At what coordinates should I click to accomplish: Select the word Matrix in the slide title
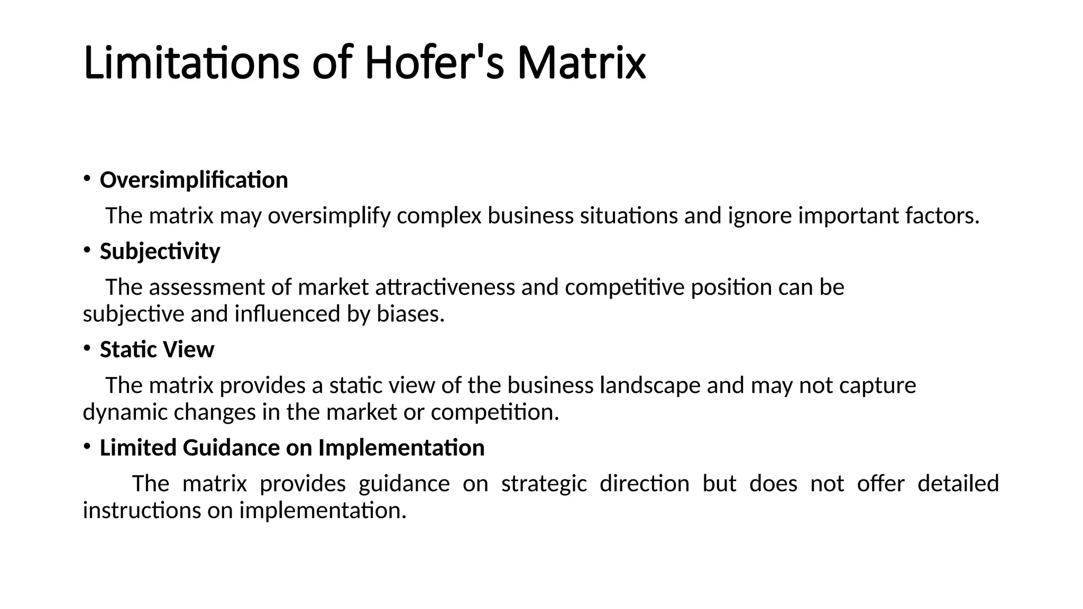[581, 63]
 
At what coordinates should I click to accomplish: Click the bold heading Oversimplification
[194, 180]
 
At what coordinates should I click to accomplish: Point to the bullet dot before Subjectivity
[86, 250]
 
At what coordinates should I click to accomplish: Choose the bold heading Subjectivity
[160, 252]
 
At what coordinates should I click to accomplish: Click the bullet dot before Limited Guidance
[86, 447]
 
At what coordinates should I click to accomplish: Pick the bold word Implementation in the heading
[401, 448]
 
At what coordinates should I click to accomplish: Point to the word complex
[439, 216]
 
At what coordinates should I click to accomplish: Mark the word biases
[410, 315]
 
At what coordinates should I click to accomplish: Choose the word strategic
[544, 484]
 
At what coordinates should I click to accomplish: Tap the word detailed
[958, 484]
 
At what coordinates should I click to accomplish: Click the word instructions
[142, 511]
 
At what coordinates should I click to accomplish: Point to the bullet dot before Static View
[86, 348]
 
